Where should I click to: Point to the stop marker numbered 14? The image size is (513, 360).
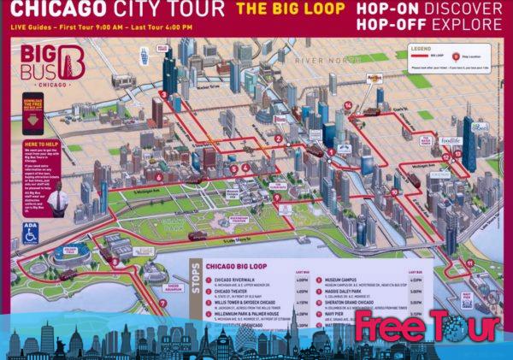tap(349, 106)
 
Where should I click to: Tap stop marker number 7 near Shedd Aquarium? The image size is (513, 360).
tap(163, 303)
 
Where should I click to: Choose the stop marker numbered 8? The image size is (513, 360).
tap(115, 263)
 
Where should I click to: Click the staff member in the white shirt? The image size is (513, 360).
tap(56, 204)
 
